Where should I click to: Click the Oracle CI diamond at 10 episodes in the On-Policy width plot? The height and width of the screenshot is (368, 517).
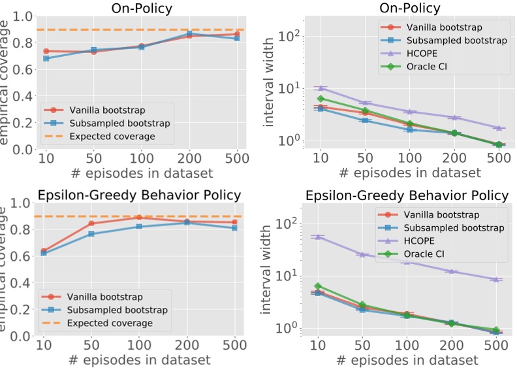pos(320,99)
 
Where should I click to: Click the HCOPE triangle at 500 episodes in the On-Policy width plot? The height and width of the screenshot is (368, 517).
pos(499,128)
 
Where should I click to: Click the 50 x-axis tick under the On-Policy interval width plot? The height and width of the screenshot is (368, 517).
pos(365,158)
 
